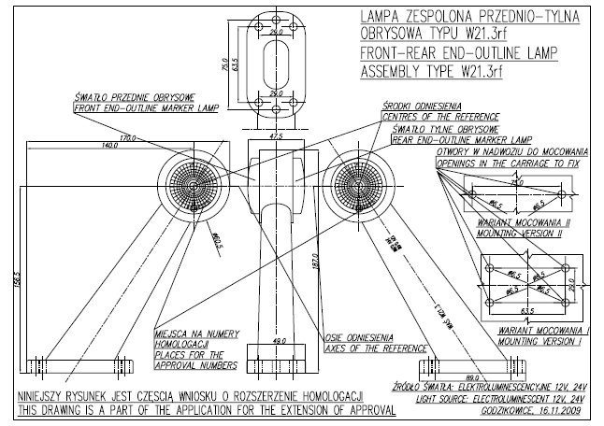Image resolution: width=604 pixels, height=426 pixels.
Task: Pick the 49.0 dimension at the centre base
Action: pyautogui.click(x=279, y=342)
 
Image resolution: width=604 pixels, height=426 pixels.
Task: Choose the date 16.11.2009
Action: pyautogui.click(x=558, y=408)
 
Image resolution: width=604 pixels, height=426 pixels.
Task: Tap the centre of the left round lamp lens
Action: pyautogui.click(x=191, y=184)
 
